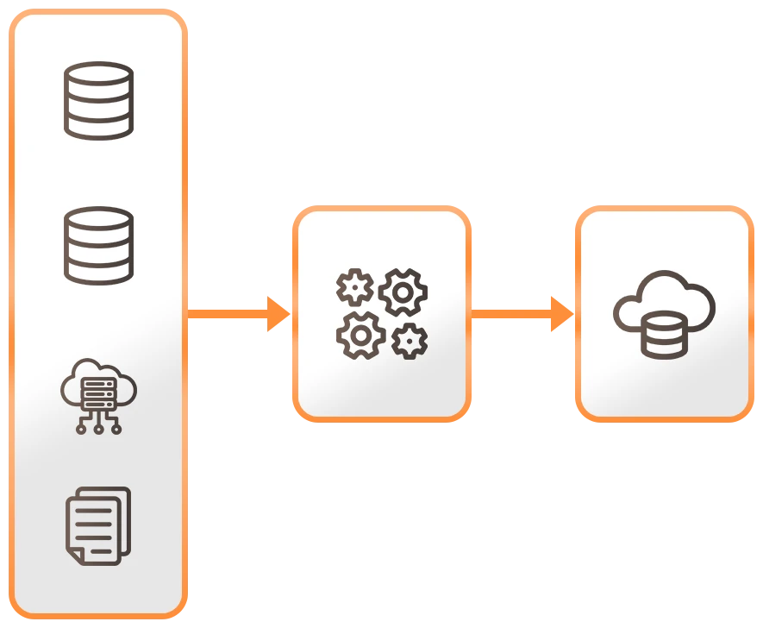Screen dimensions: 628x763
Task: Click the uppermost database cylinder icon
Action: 99,100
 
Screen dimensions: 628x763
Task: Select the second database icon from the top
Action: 99,245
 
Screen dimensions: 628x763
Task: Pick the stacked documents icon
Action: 98,525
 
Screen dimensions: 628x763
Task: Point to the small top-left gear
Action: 354,287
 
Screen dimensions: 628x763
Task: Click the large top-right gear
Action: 403,292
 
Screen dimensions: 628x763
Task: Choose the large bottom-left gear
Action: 360,336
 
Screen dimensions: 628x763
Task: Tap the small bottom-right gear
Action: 409,342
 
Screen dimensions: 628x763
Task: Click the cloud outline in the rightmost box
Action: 664,298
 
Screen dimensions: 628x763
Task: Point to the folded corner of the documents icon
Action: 76,556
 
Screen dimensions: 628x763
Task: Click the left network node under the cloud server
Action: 81,429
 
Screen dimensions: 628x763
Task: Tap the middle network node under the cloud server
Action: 99,429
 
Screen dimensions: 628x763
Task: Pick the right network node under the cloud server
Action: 117,429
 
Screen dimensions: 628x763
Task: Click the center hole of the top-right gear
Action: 403,292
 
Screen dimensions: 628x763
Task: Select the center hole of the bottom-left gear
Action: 360,336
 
